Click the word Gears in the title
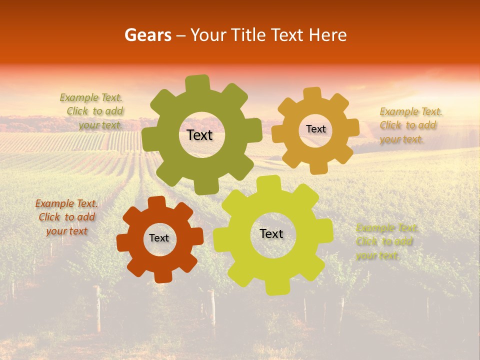[x=147, y=35]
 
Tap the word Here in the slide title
[x=328, y=35]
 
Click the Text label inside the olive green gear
[x=199, y=135]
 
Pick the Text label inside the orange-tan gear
[x=315, y=129]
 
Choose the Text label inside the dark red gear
[x=159, y=238]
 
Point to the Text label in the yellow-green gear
[x=271, y=233]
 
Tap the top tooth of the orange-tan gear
[x=312, y=94]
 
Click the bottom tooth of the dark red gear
[x=162, y=276]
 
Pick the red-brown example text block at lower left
[x=67, y=217]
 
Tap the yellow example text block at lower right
[x=386, y=241]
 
